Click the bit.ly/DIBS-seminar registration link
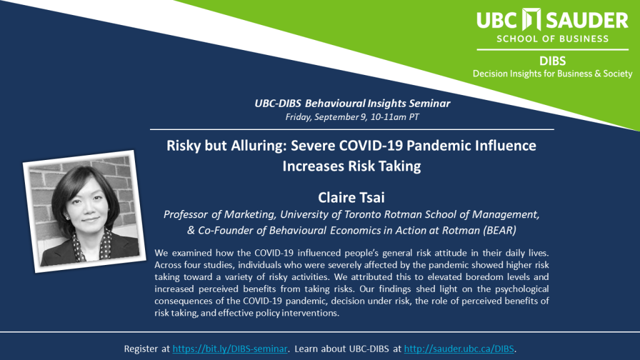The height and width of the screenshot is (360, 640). [x=230, y=349]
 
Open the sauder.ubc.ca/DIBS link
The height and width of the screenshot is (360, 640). [x=459, y=349]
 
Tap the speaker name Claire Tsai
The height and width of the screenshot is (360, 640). [x=351, y=197]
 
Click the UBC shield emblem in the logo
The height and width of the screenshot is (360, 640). [x=531, y=19]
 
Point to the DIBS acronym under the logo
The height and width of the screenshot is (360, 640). [x=552, y=61]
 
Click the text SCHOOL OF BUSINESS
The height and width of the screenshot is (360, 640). [x=552, y=39]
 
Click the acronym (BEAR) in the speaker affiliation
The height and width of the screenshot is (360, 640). [x=499, y=231]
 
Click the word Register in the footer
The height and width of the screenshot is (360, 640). [x=141, y=349]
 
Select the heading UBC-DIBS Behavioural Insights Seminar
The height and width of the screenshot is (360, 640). [x=352, y=103]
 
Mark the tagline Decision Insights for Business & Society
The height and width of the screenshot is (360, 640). [x=552, y=74]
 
